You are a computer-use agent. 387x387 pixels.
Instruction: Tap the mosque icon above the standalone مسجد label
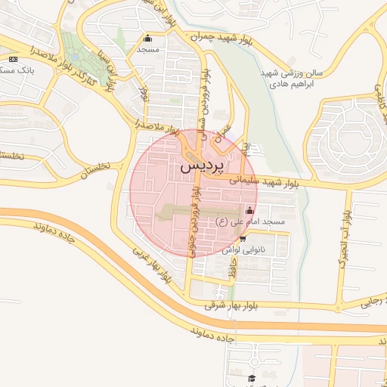tap(147, 39)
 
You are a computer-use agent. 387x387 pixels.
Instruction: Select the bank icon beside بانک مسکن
tap(13, 59)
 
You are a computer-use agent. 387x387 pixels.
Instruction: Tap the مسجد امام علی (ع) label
tap(250, 221)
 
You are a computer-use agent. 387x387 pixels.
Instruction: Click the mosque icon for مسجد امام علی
tap(250, 210)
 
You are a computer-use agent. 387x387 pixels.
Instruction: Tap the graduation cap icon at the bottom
tap(252, 379)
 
